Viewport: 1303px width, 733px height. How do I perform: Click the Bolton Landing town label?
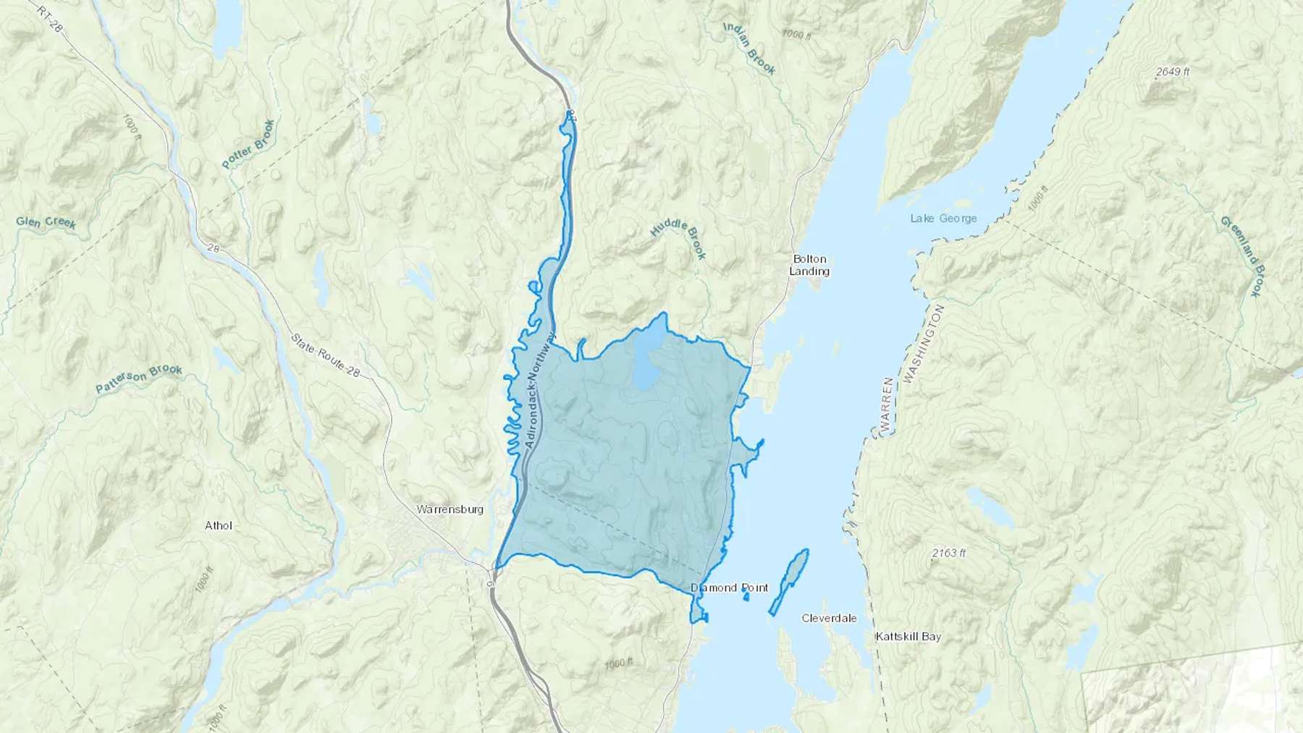click(809, 265)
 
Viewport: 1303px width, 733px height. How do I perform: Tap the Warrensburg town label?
click(450, 509)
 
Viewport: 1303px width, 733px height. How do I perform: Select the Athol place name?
click(218, 525)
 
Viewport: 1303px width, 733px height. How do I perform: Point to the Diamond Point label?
click(729, 588)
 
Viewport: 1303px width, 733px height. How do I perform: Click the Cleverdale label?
click(829, 618)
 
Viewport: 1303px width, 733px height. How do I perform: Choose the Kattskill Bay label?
click(908, 637)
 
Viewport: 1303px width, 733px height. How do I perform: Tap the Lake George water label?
click(943, 218)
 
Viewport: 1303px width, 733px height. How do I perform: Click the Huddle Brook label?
click(678, 240)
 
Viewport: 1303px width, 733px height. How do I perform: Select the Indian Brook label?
click(750, 48)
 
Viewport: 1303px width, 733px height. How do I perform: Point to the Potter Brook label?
click(248, 144)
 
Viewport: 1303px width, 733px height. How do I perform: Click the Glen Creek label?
click(46, 222)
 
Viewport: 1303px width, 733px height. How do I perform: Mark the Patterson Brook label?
click(139, 380)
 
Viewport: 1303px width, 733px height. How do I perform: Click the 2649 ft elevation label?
click(1173, 72)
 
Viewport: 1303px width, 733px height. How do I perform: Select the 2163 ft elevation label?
click(948, 553)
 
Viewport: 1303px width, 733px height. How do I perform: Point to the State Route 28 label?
click(325, 355)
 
